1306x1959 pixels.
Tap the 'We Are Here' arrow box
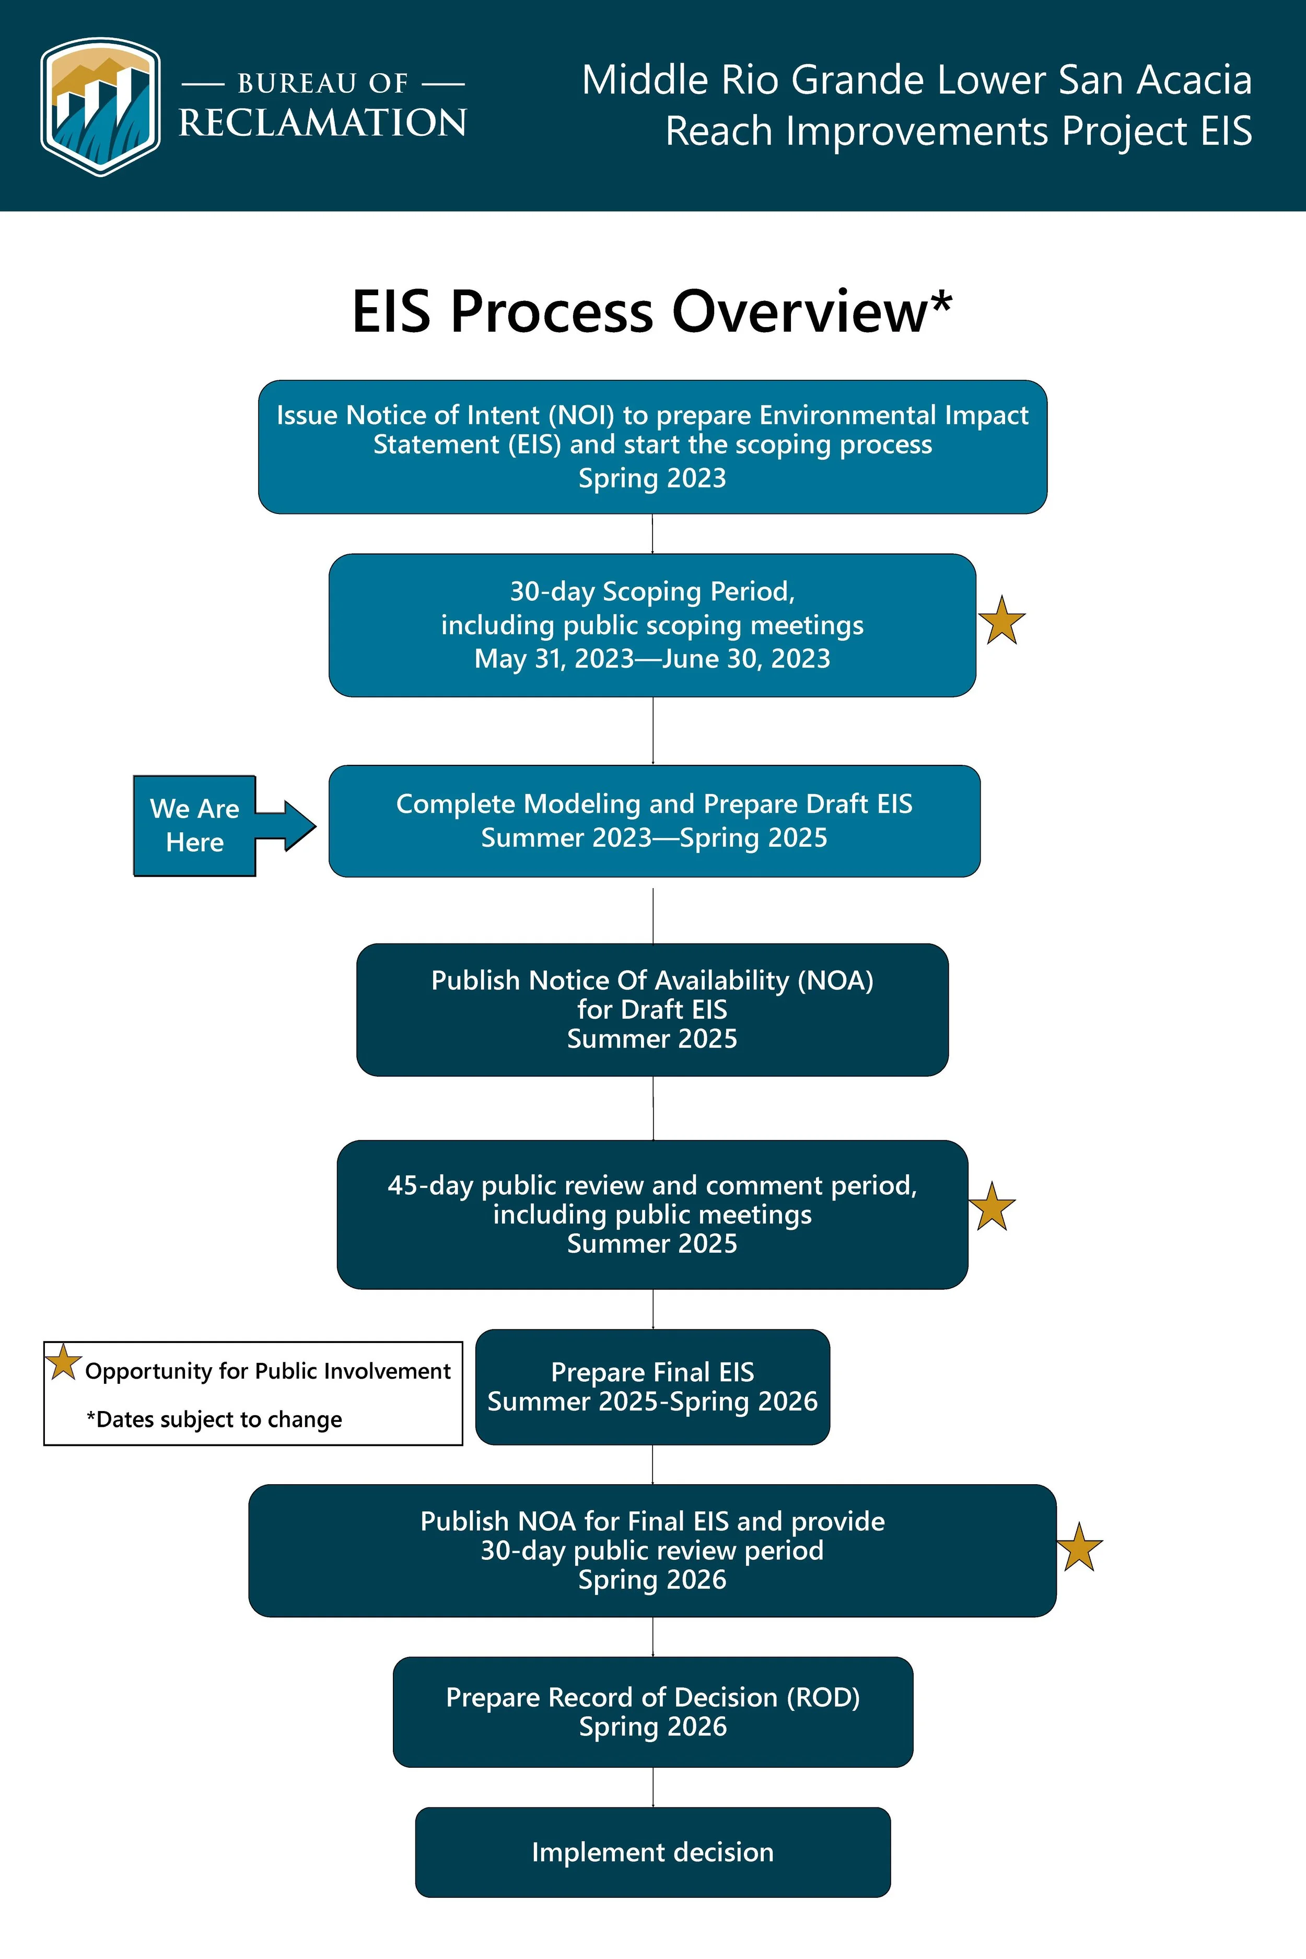196,825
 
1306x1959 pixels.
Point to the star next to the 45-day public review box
992,1207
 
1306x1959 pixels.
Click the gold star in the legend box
63,1362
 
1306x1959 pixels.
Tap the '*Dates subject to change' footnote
214,1419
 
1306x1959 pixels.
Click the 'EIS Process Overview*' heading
651,311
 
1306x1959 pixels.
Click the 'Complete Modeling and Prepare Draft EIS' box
654,820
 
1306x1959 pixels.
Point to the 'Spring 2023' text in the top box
652,478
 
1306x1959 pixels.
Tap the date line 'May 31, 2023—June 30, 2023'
652,659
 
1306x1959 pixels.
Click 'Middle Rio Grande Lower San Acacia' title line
916,80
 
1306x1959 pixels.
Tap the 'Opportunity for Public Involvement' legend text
267,1371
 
